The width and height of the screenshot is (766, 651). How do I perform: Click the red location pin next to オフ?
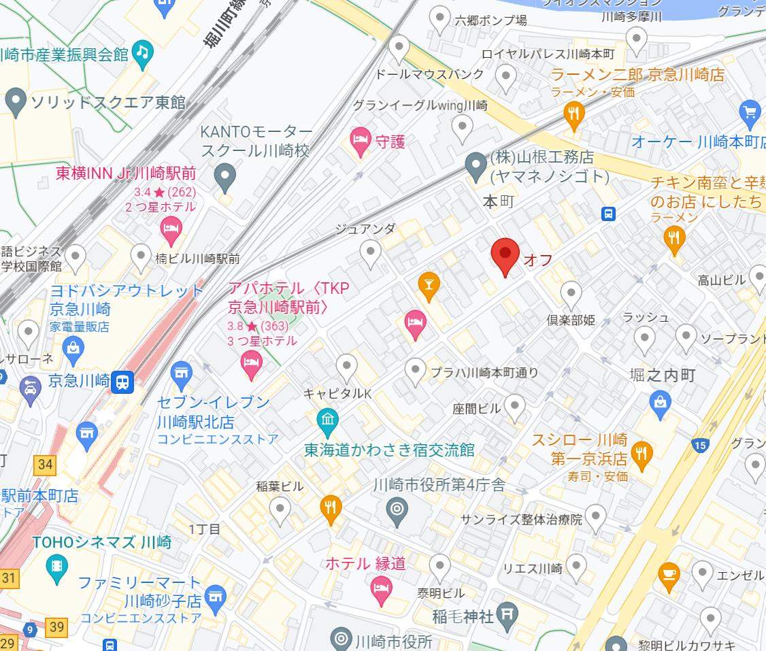tap(505, 256)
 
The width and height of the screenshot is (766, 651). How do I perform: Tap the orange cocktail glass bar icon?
tap(428, 284)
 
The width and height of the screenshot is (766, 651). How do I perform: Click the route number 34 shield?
tap(45, 465)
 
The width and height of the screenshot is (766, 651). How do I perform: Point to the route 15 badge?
tap(699, 446)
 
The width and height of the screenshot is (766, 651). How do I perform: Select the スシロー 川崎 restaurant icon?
tap(642, 451)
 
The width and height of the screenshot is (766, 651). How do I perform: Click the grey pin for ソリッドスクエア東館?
tap(15, 103)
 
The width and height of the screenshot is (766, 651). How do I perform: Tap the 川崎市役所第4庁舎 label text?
tap(439, 485)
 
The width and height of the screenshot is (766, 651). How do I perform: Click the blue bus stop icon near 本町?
tap(608, 214)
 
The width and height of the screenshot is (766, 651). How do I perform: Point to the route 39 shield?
tap(57, 627)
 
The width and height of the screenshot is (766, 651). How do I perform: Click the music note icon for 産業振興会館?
tap(141, 54)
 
